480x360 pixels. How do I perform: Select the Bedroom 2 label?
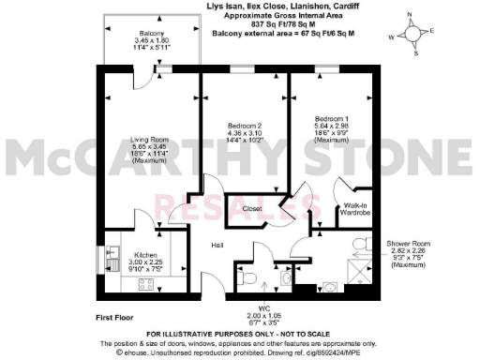(x=245, y=126)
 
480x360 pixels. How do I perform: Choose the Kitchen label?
(x=144, y=254)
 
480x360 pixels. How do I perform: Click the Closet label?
(x=251, y=208)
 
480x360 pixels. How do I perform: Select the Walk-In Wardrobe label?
(x=353, y=208)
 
